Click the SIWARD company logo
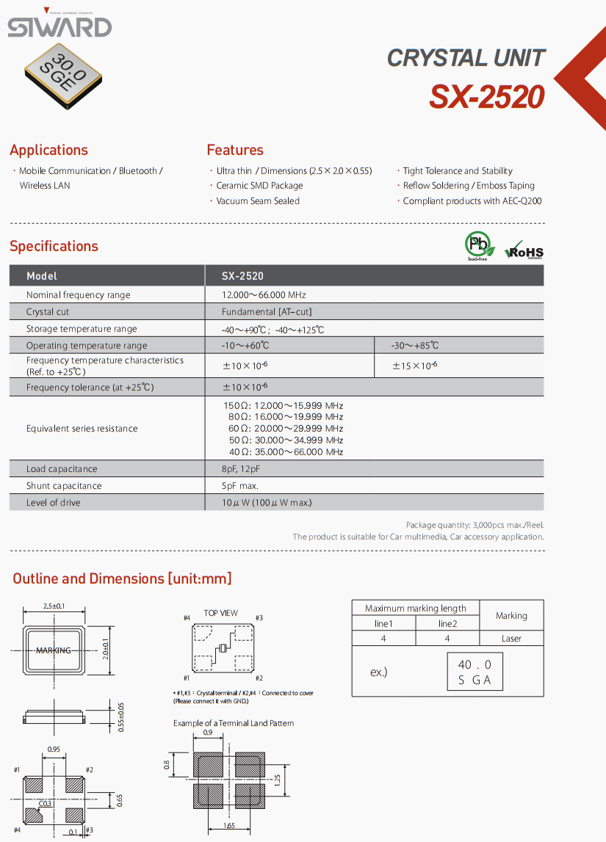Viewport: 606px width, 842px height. pos(59,27)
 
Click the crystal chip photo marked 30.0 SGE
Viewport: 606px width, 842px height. pos(64,73)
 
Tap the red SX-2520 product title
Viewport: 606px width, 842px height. pos(487,97)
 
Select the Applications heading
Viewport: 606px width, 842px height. pos(48,150)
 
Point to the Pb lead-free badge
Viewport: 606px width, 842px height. pos(478,245)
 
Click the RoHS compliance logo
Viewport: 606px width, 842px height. pos(524,250)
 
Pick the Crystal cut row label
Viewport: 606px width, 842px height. pos(48,312)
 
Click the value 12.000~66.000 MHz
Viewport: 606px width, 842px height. pos(264,295)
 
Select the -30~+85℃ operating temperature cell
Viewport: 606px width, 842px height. pos(416,346)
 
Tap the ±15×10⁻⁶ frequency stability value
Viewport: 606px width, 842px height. pos(415,366)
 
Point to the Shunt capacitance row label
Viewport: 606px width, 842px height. pos(64,486)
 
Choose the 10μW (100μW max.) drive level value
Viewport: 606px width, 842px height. pos(267,503)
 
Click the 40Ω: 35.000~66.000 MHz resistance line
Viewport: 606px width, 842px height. pos(286,452)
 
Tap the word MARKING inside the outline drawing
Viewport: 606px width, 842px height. pos(54,650)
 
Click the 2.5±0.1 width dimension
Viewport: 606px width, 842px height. pos(54,606)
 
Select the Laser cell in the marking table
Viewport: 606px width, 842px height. pos(511,639)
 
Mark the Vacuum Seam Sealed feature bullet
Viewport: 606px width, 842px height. pos(258,201)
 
